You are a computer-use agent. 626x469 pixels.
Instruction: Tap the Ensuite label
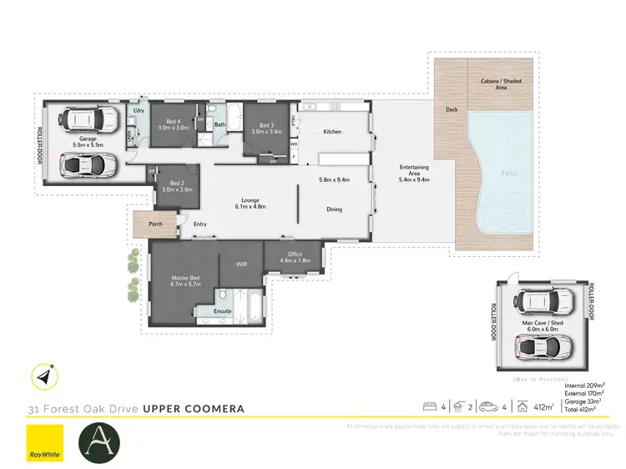[x=222, y=311]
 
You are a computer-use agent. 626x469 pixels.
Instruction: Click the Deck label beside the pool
[x=452, y=109]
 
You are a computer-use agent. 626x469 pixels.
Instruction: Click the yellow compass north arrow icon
[x=43, y=376]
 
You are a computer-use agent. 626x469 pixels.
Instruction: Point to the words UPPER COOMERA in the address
[x=194, y=409]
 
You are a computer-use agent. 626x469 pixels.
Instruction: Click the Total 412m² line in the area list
[x=583, y=411]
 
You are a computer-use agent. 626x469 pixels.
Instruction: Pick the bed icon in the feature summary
[x=430, y=407]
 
